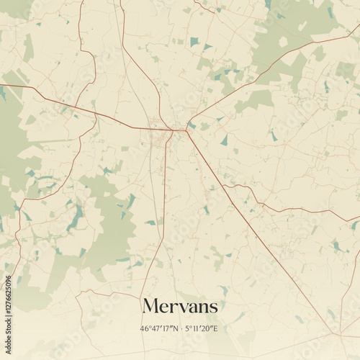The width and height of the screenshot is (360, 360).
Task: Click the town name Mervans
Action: click(180, 306)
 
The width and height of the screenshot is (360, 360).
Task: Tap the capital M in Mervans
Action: click(150, 306)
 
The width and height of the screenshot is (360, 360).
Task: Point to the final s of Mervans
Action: click(212, 308)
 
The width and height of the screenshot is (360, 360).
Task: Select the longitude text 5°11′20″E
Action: click(202, 329)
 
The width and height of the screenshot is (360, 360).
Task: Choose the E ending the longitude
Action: click(215, 329)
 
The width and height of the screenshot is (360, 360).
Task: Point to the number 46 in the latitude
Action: click(145, 329)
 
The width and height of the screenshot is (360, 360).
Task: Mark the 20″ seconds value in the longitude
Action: click(208, 329)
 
